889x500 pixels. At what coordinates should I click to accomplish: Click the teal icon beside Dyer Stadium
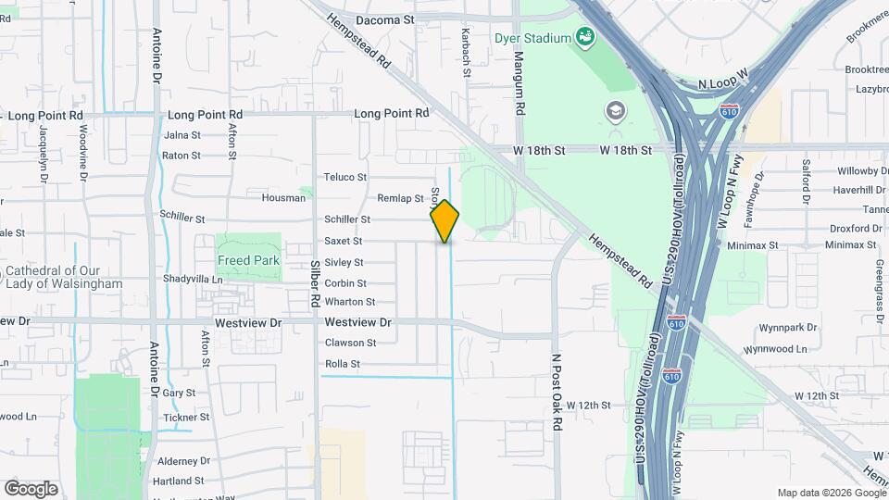click(x=584, y=37)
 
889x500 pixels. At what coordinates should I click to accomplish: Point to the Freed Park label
click(x=248, y=261)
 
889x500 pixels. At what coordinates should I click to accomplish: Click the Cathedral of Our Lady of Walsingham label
click(x=63, y=277)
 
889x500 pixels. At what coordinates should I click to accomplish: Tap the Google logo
click(x=31, y=489)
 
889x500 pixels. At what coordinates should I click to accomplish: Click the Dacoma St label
click(x=383, y=19)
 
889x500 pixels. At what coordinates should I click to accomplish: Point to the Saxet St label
click(x=344, y=241)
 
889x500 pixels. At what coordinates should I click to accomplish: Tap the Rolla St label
click(x=343, y=364)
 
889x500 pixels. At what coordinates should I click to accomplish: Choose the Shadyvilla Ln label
click(x=193, y=279)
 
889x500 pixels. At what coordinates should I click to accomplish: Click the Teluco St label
click(x=345, y=177)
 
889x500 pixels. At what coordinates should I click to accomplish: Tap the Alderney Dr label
click(x=184, y=461)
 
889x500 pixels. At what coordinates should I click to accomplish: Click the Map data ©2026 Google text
click(x=830, y=493)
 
